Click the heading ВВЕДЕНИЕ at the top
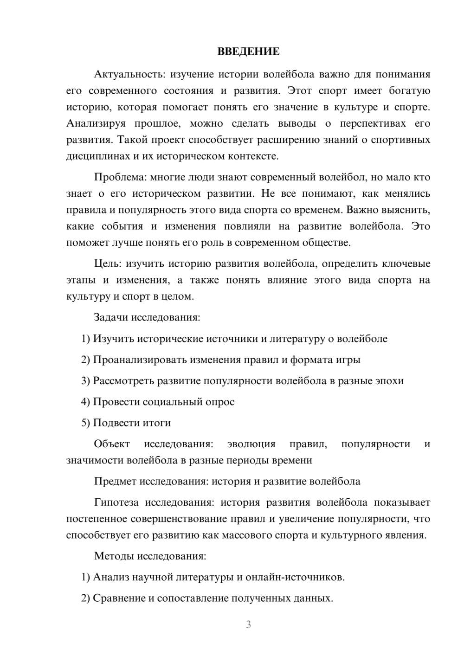[x=248, y=51]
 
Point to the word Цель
[x=107, y=264]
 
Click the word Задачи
[x=111, y=318]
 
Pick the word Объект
[x=112, y=444]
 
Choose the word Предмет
[x=116, y=482]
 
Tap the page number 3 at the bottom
[x=248, y=624]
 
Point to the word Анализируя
[x=96, y=123]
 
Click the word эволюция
[x=251, y=444]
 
